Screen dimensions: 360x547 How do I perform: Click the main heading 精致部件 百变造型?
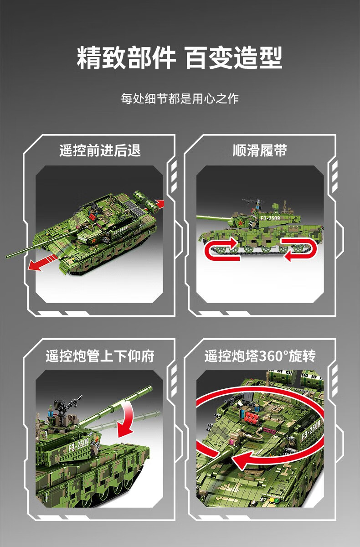(180, 57)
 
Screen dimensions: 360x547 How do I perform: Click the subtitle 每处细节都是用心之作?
(180, 98)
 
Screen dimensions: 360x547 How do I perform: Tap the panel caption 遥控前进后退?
(100, 150)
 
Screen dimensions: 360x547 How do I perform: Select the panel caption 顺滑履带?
(260, 150)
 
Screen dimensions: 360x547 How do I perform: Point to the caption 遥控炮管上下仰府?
(100, 356)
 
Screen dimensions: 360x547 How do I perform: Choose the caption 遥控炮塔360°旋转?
(260, 356)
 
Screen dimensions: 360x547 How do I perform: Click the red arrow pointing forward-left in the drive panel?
(42, 263)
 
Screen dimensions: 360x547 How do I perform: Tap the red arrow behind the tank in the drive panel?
(159, 204)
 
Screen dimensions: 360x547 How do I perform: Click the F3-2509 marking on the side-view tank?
(270, 218)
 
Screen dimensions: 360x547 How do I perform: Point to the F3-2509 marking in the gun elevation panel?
(78, 445)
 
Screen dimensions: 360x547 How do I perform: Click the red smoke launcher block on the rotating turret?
(251, 418)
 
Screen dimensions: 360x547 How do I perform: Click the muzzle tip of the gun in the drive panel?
(8, 256)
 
